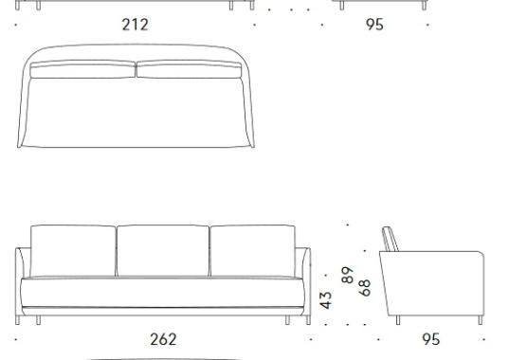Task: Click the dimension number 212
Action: (135, 25)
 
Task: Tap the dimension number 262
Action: (163, 339)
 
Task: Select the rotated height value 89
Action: (348, 275)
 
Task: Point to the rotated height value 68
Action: (365, 288)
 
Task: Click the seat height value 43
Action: (326, 300)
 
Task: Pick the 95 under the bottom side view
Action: (431, 339)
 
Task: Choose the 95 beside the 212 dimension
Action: (374, 25)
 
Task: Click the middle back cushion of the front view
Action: (163, 250)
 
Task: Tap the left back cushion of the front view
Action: (73, 250)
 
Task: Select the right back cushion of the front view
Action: (253, 250)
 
